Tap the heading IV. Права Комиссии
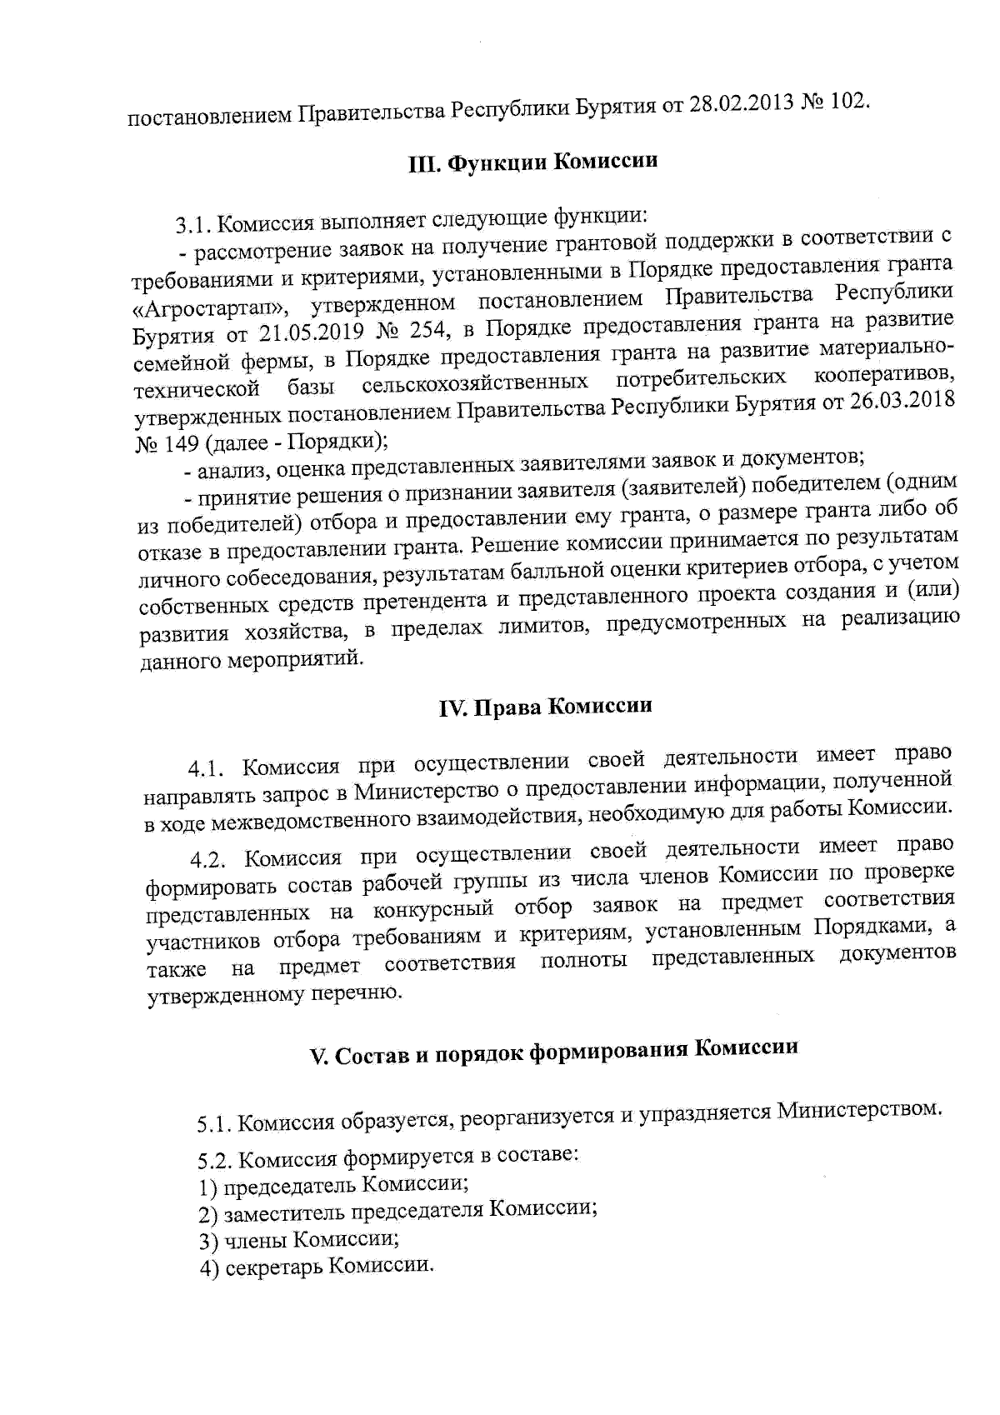point(545,707)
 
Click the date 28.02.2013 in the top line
point(739,106)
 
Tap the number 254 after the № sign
point(426,329)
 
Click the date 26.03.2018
point(904,401)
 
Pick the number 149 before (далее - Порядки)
point(181,442)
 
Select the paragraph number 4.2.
point(208,859)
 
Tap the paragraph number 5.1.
point(214,1126)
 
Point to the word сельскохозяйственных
point(472,383)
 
